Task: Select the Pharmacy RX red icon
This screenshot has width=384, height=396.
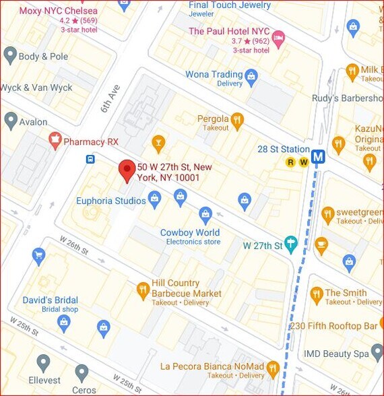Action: click(x=55, y=141)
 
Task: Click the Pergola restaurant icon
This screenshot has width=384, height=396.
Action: click(x=236, y=121)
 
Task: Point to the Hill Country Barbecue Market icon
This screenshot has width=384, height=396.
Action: click(x=142, y=290)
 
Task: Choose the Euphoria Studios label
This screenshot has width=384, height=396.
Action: click(x=111, y=201)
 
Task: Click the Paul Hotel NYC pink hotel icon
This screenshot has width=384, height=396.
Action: click(x=278, y=36)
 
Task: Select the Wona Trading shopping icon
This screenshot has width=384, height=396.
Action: click(x=251, y=75)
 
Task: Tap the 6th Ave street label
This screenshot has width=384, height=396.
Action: click(x=110, y=98)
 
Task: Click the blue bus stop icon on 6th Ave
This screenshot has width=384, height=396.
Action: click(x=90, y=160)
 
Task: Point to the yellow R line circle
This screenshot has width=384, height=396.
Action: click(x=290, y=162)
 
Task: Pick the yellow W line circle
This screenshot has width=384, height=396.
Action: click(x=303, y=162)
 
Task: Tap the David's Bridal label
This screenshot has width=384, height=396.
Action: click(x=51, y=300)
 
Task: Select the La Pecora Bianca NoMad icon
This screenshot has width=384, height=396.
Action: click(x=272, y=368)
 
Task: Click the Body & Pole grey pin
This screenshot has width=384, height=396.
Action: click(x=10, y=55)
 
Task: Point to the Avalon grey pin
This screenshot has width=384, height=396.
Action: click(x=10, y=121)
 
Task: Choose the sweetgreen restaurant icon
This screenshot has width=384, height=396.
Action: click(x=327, y=215)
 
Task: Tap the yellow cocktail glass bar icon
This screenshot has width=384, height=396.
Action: click(x=158, y=142)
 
